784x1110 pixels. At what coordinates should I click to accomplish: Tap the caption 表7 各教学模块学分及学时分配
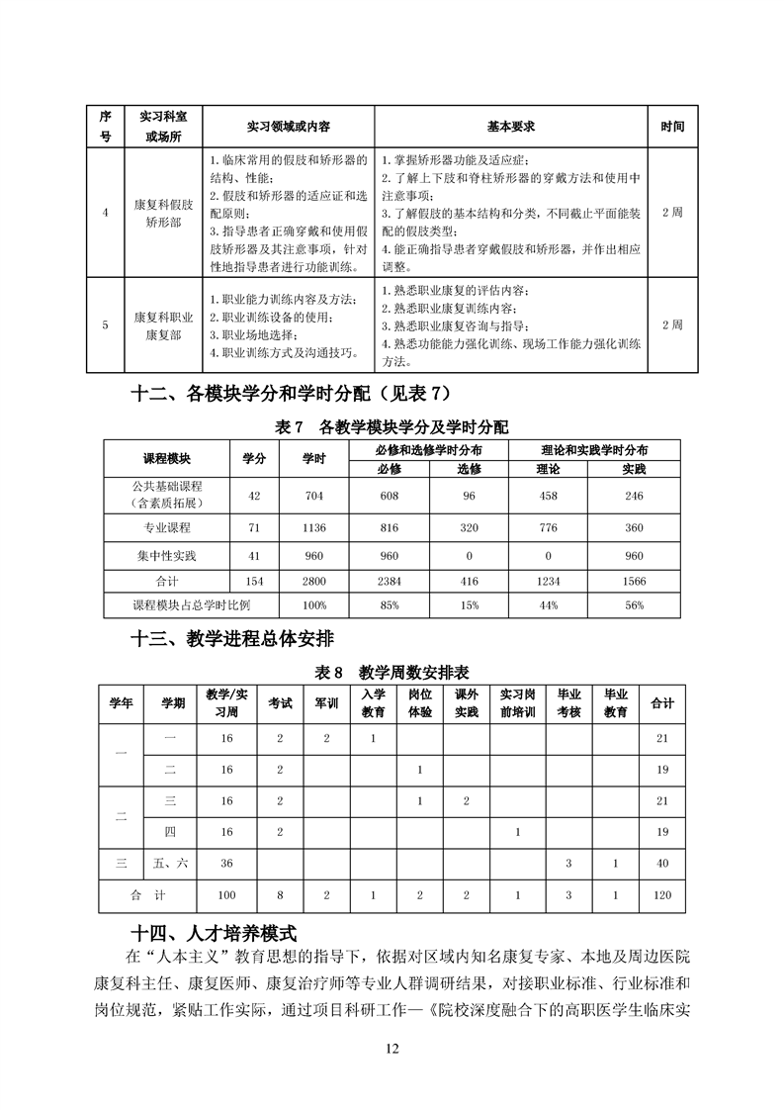392,428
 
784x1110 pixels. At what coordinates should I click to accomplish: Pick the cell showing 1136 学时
313,528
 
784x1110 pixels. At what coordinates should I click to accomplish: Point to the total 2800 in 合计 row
313,580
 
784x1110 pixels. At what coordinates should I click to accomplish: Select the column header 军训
326,702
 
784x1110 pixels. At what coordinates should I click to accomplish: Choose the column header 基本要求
511,127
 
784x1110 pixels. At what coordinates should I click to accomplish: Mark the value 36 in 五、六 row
226,863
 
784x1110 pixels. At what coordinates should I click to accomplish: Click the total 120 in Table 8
661,895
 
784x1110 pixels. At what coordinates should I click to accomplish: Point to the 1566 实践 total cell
634,580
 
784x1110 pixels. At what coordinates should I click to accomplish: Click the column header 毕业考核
568,702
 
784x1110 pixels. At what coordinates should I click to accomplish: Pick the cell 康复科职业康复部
164,325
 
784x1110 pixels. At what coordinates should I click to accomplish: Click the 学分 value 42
254,495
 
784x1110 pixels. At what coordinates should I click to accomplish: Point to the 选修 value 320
469,528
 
